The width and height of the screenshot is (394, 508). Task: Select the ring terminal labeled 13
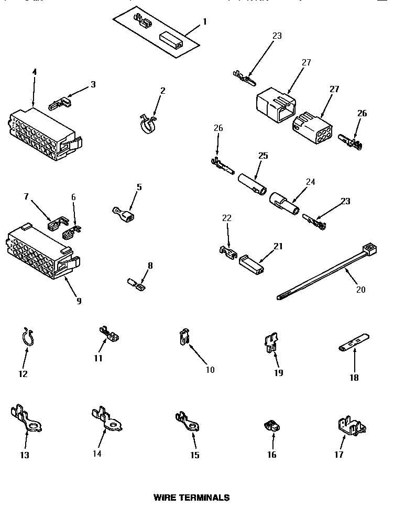click(x=26, y=419)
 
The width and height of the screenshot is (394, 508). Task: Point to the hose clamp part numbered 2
click(x=148, y=124)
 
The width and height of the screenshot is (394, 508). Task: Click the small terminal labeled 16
click(x=271, y=428)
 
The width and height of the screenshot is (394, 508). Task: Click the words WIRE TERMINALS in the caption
click(x=191, y=497)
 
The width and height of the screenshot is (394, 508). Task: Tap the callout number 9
click(x=79, y=301)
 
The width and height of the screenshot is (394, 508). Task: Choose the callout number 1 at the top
click(x=205, y=21)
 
